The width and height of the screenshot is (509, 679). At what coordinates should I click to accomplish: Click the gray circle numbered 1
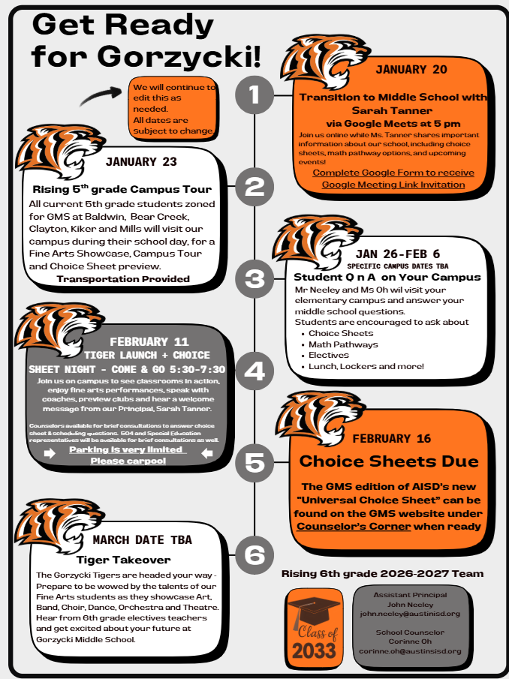click(x=254, y=95)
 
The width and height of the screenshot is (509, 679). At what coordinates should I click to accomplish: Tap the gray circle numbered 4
click(x=254, y=371)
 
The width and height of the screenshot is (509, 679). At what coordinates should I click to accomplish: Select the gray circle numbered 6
click(x=254, y=554)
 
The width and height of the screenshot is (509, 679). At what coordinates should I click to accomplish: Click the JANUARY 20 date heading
click(x=411, y=70)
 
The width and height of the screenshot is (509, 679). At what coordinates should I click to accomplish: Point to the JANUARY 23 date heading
click(x=141, y=161)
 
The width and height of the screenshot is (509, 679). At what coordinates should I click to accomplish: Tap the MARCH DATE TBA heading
click(x=142, y=539)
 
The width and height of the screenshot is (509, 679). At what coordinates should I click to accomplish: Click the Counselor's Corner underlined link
click(x=354, y=526)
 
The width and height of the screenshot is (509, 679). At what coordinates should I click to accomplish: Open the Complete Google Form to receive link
click(x=393, y=173)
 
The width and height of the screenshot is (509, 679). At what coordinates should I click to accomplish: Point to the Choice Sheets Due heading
click(x=389, y=461)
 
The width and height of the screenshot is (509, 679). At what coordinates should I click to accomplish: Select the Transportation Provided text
click(x=123, y=278)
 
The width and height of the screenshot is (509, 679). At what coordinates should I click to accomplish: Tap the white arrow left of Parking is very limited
click(x=50, y=454)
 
